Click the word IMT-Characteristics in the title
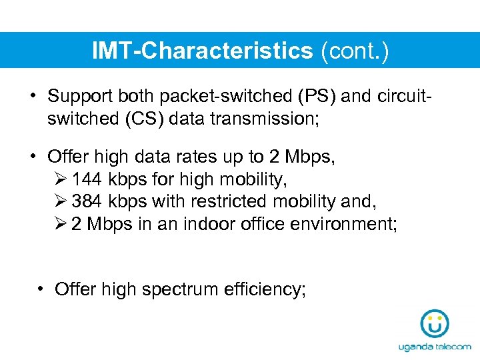[203, 51]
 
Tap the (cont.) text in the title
[354, 51]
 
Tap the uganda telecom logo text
[434, 347]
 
